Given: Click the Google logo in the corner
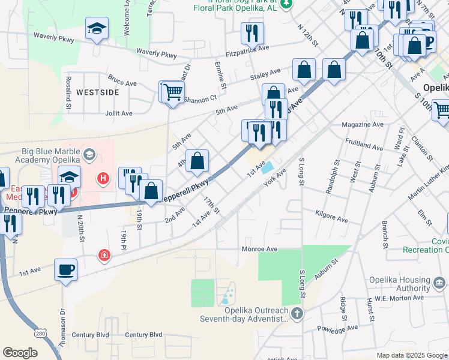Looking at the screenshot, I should [x=20, y=353].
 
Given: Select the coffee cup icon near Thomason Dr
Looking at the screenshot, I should [x=65, y=270].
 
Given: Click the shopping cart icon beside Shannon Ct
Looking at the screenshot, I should [x=172, y=92].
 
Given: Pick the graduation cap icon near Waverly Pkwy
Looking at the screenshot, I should [x=97, y=29].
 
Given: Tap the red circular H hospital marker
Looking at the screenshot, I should [x=103, y=178].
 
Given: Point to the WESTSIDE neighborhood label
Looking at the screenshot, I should [x=97, y=92].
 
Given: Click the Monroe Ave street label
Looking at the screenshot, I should [x=259, y=248].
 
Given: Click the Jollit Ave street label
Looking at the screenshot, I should [x=119, y=113].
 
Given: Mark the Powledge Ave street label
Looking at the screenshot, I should [x=340, y=328].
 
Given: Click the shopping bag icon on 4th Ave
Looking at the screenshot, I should [x=197, y=161].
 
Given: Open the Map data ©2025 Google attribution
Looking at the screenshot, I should [x=411, y=355].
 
